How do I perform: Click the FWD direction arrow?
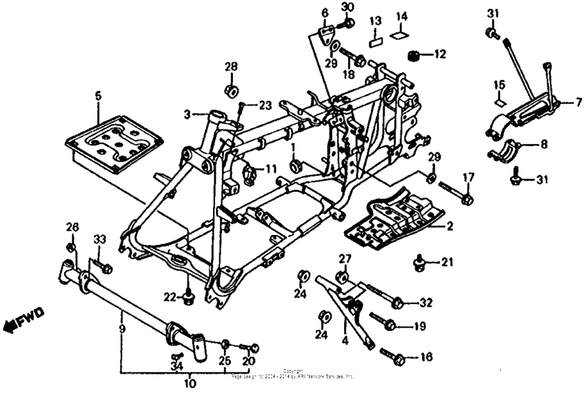23,321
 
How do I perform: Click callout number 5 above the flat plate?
98,96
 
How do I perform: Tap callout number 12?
440,54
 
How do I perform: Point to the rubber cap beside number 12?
416,55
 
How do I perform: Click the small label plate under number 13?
374,40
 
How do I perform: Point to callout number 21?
447,262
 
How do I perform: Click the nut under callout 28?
230,91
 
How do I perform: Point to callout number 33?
99,239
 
